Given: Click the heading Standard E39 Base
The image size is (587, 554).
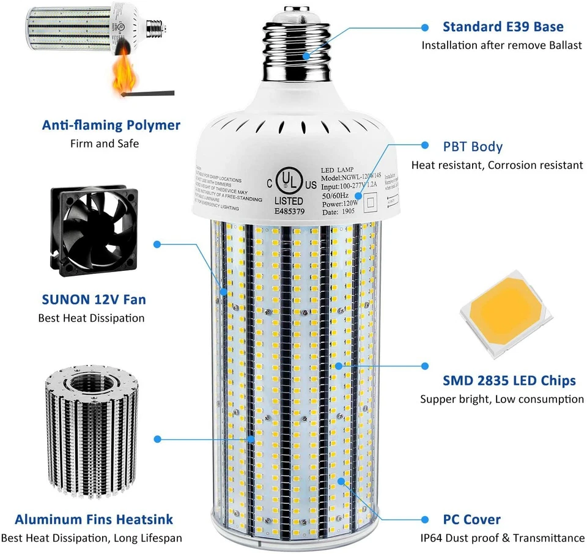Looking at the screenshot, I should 503,27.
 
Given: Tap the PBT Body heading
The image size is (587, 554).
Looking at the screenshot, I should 473,147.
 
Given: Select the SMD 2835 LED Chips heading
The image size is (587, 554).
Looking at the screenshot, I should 509,380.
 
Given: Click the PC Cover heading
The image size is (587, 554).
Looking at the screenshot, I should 473,520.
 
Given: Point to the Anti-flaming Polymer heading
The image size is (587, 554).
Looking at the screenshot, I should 111,125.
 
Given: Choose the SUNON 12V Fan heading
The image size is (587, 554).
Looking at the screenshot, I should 94,300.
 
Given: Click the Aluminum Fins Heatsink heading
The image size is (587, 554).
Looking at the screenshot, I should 94,520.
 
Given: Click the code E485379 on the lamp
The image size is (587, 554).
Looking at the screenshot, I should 287,212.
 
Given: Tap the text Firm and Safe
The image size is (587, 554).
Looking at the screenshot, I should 104,144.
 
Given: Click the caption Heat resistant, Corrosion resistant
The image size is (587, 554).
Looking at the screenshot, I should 497,165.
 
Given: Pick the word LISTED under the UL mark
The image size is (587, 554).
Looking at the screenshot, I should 287,201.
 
